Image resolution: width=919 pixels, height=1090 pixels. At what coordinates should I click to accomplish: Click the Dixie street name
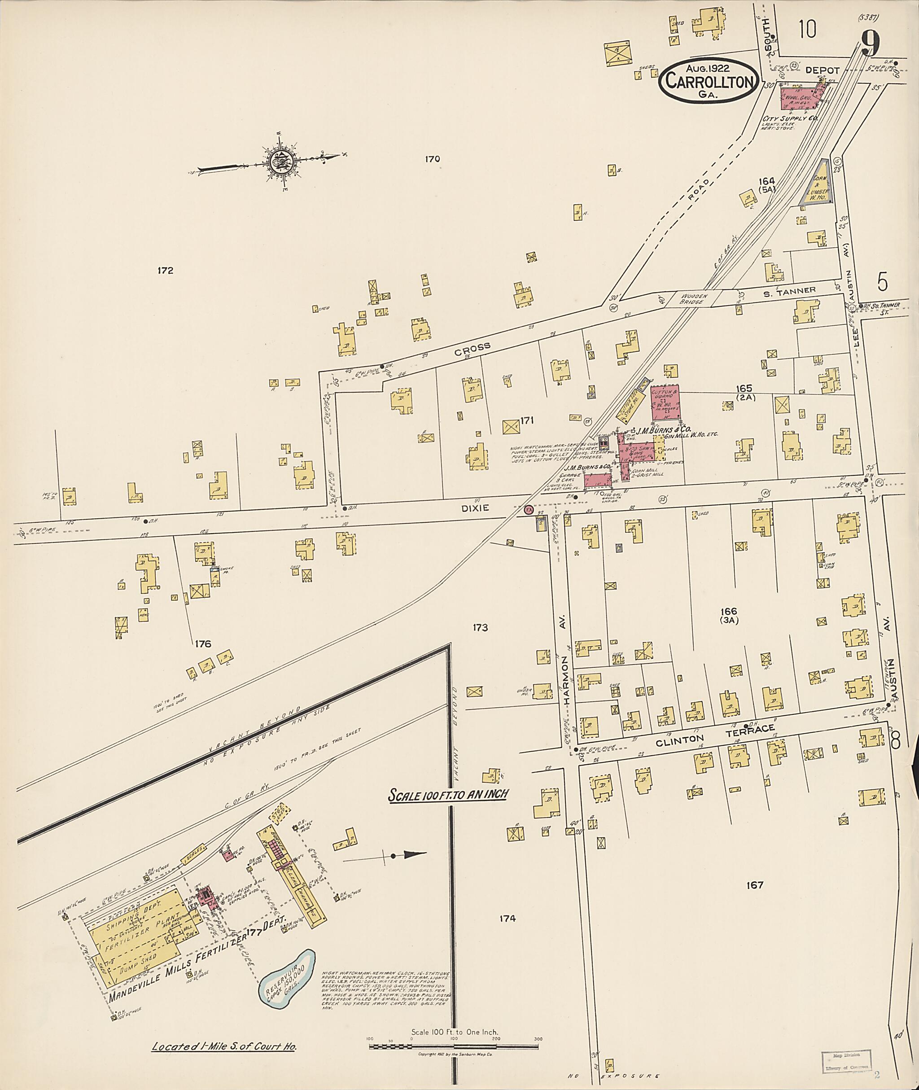pos(475,508)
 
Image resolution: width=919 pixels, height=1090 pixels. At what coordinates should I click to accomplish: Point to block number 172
pos(165,271)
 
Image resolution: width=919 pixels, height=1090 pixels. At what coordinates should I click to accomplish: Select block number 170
pos(433,159)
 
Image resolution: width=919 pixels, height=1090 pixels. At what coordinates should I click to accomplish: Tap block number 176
pos(203,644)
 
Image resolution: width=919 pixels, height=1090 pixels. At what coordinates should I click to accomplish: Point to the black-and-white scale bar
pos(454,1045)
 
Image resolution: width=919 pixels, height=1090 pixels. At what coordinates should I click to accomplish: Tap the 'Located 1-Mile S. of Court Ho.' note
pos(224,1046)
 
